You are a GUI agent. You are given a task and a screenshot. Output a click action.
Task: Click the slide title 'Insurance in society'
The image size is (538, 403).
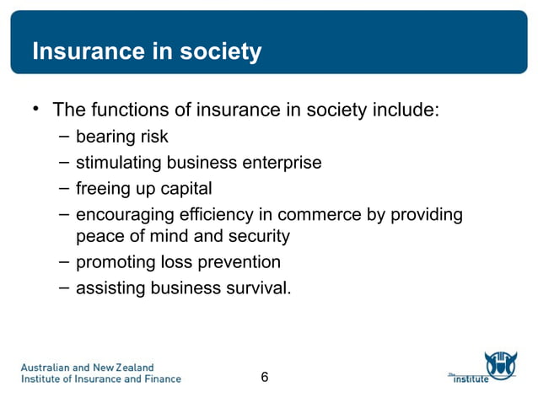[x=147, y=52]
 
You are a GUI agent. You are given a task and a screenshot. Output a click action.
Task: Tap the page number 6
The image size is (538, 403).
[x=265, y=377]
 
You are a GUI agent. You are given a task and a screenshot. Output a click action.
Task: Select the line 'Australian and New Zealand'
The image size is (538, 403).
[x=87, y=367]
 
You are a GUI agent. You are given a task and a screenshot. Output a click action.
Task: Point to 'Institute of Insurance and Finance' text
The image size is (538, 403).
[x=100, y=379]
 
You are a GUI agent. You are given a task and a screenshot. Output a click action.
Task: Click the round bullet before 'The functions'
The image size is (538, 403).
[x=36, y=109]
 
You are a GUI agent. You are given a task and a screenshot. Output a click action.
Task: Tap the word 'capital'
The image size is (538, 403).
[x=183, y=187]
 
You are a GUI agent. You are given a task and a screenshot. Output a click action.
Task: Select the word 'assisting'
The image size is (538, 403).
[x=110, y=287]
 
